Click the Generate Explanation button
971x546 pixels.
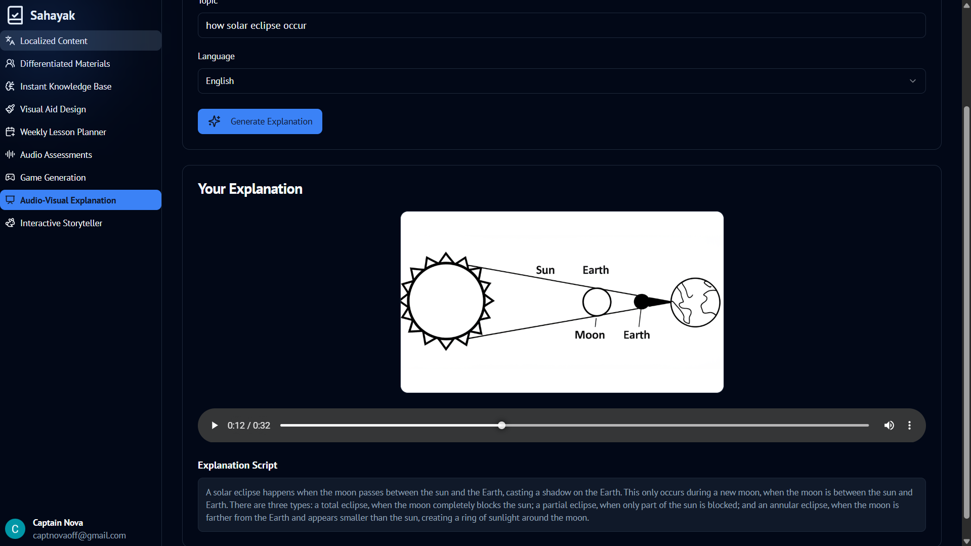tap(260, 121)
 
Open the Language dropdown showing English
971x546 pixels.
tap(562, 81)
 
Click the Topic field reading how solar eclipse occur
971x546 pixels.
tap(562, 25)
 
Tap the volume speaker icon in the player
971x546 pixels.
tap(889, 426)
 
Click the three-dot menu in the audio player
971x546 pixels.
tap(909, 426)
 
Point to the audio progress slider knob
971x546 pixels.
tap(501, 426)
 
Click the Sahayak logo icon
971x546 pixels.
tap(15, 15)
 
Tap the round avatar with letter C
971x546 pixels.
tap(15, 529)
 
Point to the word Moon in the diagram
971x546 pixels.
tap(589, 335)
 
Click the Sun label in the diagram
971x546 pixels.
tap(545, 270)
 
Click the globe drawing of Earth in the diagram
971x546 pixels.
tap(695, 303)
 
